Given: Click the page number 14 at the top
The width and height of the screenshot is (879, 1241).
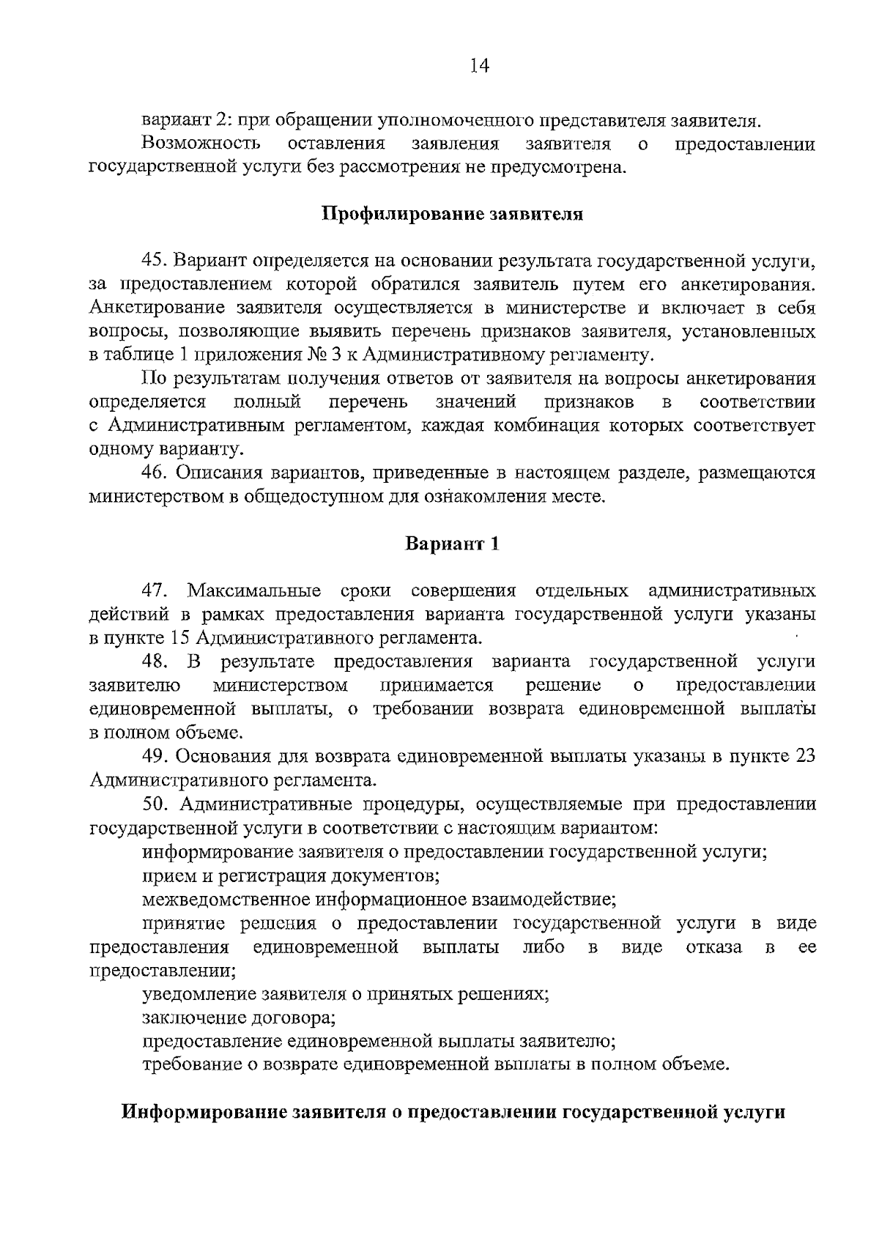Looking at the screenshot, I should pos(479,66).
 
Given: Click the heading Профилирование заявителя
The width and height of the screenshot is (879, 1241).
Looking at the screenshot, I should pos(452,215).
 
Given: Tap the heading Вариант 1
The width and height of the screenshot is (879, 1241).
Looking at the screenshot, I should pos(452,544).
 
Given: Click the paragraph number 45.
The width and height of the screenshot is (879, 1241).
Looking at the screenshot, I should pos(156,261).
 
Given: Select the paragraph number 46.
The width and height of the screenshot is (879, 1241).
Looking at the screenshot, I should pos(156,473).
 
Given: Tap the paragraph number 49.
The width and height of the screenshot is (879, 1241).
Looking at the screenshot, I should pos(156,757).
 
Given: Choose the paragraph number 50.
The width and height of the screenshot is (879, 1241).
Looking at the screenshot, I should pos(156,804).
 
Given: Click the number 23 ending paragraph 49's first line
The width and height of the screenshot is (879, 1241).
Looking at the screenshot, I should pos(804,757).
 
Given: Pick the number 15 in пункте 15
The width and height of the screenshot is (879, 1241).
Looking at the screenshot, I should pos(181,638).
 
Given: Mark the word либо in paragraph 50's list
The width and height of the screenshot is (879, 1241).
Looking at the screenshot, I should pos(544,947).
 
